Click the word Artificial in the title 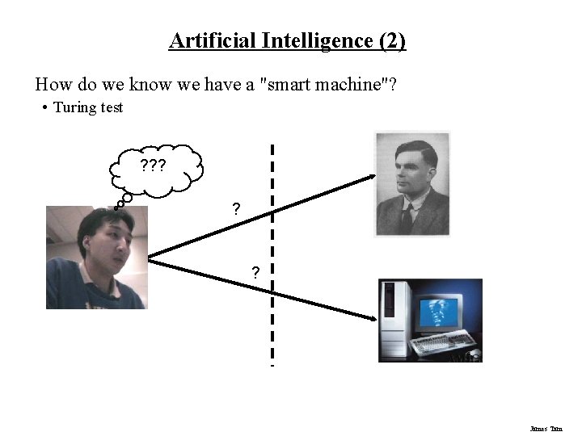point(209,40)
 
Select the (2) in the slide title point(391,40)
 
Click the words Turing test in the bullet point(88,107)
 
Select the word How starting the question point(52,84)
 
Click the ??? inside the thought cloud point(153,167)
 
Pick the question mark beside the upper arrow point(236,209)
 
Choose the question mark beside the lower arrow point(256,272)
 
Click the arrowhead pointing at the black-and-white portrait point(370,175)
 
